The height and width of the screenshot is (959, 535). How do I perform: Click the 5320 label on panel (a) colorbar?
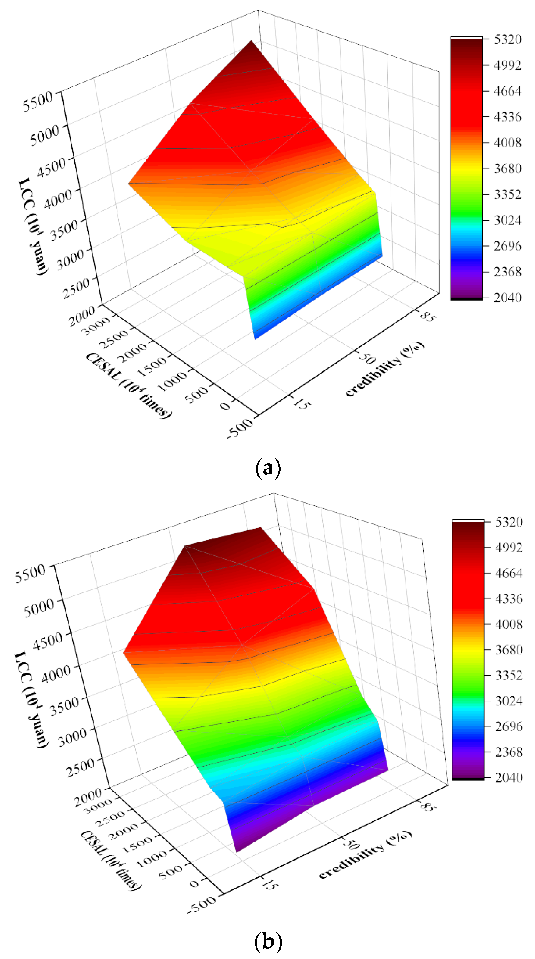click(x=507, y=39)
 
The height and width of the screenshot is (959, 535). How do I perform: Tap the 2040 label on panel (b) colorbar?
click(x=509, y=777)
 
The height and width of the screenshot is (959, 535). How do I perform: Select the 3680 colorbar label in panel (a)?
click(x=507, y=168)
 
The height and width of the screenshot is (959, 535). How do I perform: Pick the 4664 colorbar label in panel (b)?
click(x=509, y=573)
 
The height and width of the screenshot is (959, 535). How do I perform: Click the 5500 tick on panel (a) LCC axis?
click(x=37, y=102)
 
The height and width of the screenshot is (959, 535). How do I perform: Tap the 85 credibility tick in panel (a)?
click(x=427, y=317)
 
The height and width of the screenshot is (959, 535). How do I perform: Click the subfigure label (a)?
click(x=268, y=468)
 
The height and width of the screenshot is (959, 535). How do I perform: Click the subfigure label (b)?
click(x=268, y=941)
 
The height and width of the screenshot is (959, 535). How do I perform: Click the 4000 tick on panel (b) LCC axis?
click(x=56, y=673)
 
